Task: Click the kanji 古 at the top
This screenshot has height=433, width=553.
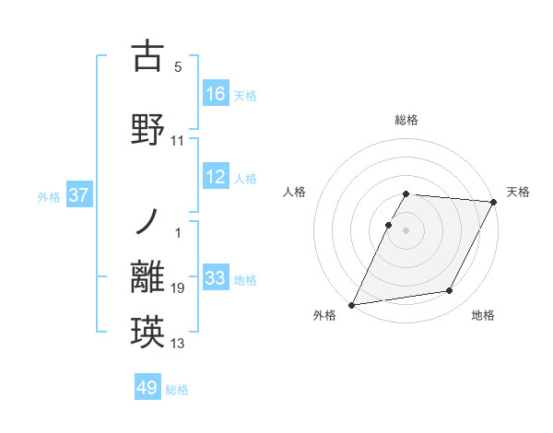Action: click(147, 57)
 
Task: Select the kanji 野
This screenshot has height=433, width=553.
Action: click(147, 128)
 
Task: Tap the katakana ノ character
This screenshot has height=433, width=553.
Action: click(147, 222)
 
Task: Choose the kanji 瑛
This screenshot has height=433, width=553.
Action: click(147, 331)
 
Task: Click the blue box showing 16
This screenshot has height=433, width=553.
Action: click(216, 94)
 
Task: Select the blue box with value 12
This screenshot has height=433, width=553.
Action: click(216, 178)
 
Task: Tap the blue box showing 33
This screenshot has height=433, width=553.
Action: click(216, 278)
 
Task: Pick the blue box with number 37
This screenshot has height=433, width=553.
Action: click(79, 195)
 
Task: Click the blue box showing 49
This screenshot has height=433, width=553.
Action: click(147, 388)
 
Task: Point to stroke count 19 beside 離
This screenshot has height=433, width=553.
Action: click(178, 289)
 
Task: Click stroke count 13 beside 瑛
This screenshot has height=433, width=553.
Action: click(178, 344)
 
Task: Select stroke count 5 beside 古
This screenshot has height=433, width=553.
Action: click(178, 67)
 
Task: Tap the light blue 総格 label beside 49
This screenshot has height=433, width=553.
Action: click(177, 390)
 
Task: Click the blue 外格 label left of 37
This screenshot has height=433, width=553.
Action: click(49, 196)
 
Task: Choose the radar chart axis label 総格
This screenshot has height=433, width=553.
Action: click(406, 120)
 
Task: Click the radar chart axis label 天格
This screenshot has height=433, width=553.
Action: click(518, 192)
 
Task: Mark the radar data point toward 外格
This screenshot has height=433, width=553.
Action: click(352, 304)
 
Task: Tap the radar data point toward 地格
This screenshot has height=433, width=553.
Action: click(450, 291)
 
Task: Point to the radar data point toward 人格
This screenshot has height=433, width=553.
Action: click(388, 225)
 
